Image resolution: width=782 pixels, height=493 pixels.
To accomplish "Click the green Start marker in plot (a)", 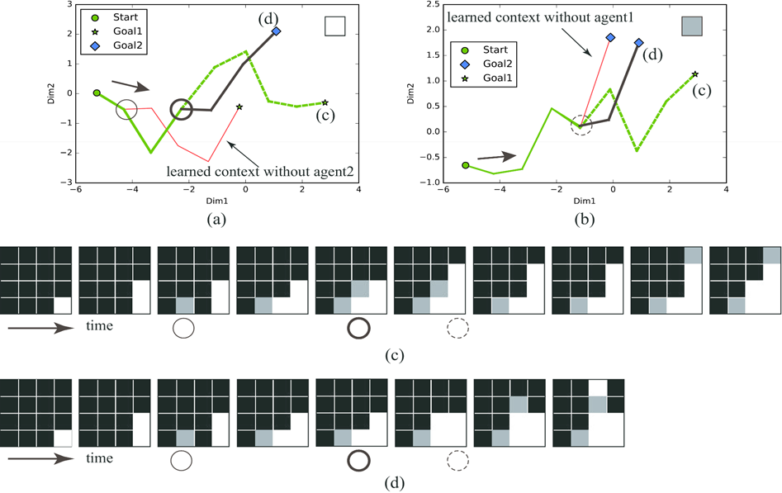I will (x=97, y=93).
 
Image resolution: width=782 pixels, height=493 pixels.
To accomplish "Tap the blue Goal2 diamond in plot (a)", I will (x=275, y=31).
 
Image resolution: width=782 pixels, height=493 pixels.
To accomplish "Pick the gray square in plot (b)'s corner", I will (x=691, y=26).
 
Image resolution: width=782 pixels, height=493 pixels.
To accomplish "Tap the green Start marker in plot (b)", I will (x=466, y=165).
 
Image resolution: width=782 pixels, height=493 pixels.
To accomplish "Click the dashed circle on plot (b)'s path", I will (x=581, y=126).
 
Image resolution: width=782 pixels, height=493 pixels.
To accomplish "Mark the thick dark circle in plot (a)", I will (x=182, y=109).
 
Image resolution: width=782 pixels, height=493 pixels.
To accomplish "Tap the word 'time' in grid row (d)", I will (x=101, y=457).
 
